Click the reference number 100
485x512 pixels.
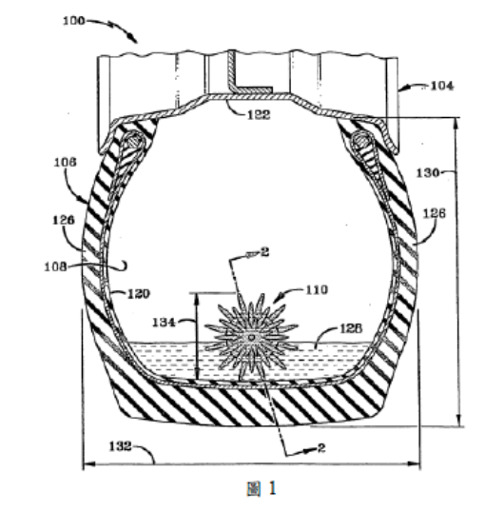[74, 21]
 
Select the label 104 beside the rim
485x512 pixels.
[442, 86]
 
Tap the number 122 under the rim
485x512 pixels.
[259, 114]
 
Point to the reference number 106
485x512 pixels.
[65, 162]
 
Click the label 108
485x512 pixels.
[55, 266]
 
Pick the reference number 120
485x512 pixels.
[139, 294]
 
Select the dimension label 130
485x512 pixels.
[428, 172]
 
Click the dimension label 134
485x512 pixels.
[164, 323]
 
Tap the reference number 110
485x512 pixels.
[317, 290]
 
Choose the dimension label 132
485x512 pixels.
[120, 446]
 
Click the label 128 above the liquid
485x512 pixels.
[351, 328]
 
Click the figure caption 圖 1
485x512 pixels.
[262, 488]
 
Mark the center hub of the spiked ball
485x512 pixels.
[251, 337]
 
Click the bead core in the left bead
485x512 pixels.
[134, 141]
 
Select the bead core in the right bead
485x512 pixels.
[361, 141]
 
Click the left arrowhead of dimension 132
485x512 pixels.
[85, 463]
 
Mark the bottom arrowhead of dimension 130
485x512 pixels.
[459, 423]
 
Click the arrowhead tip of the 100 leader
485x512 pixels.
[136, 42]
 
